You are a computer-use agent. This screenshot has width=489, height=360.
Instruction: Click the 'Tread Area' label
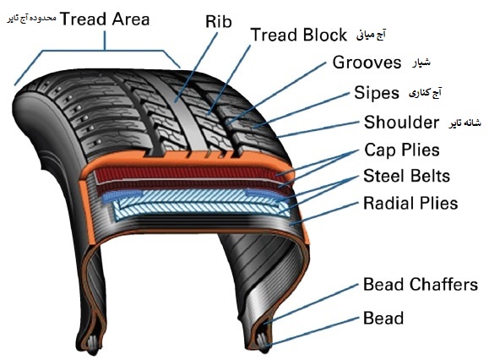(x=105, y=19)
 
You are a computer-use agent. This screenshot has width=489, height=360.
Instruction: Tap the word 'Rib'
(x=218, y=21)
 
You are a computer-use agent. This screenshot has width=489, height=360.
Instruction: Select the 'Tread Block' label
(x=299, y=35)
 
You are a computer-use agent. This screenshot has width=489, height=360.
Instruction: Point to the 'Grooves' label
(x=367, y=63)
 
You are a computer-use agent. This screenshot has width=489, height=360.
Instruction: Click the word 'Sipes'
(x=377, y=93)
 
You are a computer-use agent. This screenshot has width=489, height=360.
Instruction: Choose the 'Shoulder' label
(x=401, y=122)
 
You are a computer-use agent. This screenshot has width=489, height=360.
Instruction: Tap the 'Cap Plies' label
(x=402, y=150)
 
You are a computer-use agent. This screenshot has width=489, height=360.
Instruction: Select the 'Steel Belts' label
(x=407, y=176)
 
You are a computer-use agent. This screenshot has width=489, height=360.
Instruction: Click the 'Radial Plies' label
(x=410, y=203)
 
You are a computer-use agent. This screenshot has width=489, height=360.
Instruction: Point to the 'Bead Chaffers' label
(x=421, y=285)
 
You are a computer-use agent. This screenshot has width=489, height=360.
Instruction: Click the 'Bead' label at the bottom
(x=383, y=319)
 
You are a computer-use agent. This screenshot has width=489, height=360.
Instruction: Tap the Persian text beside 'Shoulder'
(x=465, y=123)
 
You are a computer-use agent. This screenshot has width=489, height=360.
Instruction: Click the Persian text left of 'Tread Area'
(x=31, y=19)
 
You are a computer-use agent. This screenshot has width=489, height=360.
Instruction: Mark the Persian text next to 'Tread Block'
(x=371, y=35)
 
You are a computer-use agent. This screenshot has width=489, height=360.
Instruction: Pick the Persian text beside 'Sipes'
(x=425, y=93)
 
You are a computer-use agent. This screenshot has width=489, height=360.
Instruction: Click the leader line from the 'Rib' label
(x=196, y=68)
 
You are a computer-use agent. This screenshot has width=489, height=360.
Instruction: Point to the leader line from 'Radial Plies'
(x=324, y=214)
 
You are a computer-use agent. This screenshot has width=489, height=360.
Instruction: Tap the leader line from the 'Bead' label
(x=312, y=331)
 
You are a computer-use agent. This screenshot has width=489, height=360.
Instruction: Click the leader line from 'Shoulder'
(x=318, y=129)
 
